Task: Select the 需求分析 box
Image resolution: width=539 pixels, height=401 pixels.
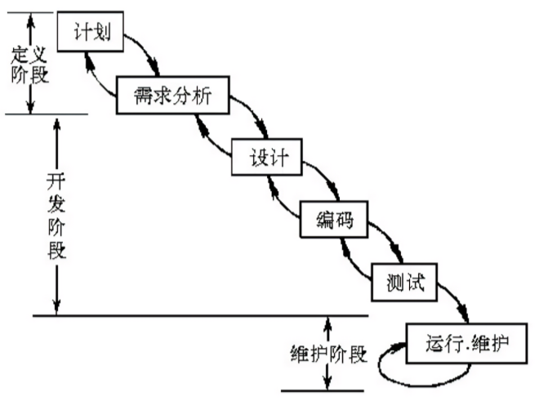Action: (x=172, y=96)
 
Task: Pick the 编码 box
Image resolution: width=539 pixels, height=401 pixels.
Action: (x=332, y=218)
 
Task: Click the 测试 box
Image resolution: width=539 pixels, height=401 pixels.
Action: (x=401, y=283)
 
